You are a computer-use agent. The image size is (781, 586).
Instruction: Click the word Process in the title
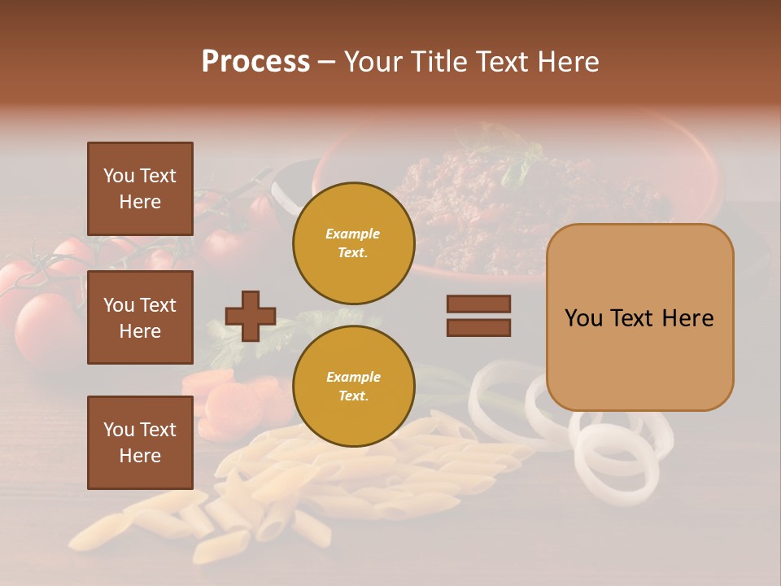point(255,62)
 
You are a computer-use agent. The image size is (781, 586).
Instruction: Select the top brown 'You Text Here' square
point(140,189)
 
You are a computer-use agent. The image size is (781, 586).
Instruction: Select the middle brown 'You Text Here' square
point(140,317)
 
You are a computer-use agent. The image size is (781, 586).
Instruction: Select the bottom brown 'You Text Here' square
point(140,443)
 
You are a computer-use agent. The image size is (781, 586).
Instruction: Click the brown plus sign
point(251,316)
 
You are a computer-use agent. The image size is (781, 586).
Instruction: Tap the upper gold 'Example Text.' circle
point(353,243)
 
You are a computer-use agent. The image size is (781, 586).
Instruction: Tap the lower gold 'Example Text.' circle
point(353,386)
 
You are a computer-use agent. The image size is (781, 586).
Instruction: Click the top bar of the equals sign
point(478,304)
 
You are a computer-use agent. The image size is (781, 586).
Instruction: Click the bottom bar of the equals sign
point(478,328)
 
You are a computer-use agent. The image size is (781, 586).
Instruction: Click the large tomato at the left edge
point(45,330)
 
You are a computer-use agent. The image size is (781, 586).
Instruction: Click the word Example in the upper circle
point(353,234)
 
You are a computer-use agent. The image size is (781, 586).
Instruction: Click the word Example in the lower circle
point(353,377)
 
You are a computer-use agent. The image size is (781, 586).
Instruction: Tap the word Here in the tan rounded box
point(687,318)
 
